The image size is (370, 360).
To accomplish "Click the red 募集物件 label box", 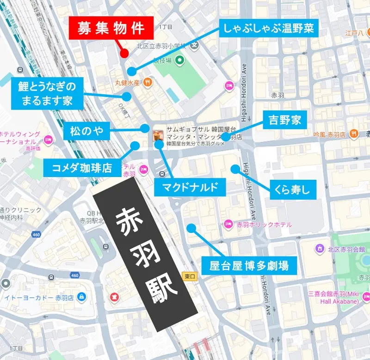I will click(x=111, y=29).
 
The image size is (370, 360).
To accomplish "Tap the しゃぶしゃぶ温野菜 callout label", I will click(x=268, y=29).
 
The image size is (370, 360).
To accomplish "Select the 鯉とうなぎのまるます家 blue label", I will click(x=45, y=92).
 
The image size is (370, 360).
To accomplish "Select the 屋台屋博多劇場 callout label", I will click(x=249, y=265).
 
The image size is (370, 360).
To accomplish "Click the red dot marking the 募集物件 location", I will click(x=123, y=54).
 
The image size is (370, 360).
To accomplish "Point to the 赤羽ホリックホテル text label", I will click(x=264, y=225).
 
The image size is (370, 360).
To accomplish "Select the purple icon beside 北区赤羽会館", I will click(x=319, y=250).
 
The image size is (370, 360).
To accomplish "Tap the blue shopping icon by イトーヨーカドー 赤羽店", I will click(x=82, y=296).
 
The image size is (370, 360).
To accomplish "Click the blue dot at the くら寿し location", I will click(x=235, y=168).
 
